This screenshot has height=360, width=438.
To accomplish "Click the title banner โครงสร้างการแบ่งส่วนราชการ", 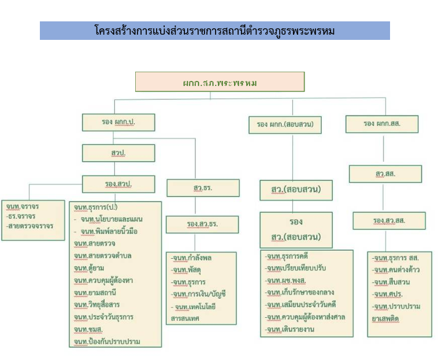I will click(x=214, y=31).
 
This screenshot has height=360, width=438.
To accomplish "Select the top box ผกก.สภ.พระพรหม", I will click(x=220, y=82).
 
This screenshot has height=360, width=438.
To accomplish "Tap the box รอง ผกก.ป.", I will click(x=118, y=122).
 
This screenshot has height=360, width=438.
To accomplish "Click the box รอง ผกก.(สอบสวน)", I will click(x=285, y=123).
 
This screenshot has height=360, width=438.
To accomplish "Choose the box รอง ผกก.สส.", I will click(x=382, y=123).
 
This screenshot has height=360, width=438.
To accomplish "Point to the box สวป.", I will click(x=118, y=153).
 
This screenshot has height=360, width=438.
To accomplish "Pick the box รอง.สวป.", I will click(x=118, y=184).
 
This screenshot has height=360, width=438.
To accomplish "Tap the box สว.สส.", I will click(x=381, y=173).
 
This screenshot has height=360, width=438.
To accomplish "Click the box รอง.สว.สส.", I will click(x=389, y=220).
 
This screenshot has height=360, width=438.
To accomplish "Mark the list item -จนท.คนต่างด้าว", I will click(x=396, y=270).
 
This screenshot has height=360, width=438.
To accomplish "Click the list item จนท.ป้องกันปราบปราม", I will click(x=106, y=342).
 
